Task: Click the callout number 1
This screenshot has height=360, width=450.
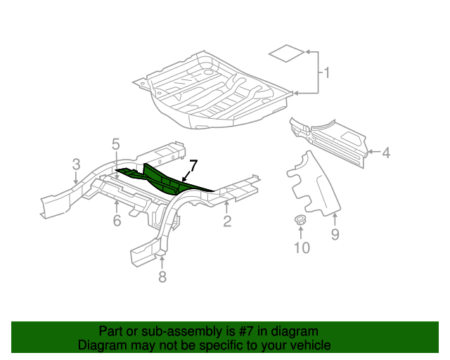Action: [326, 72]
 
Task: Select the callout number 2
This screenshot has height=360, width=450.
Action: [226, 222]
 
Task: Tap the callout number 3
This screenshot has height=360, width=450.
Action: [76, 165]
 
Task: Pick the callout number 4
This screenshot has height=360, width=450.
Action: [385, 151]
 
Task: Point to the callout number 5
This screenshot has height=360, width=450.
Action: [116, 145]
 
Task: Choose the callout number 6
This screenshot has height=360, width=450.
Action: [117, 221]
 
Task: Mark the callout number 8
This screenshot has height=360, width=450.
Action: [162, 277]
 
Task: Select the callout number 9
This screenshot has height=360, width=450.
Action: [335, 235]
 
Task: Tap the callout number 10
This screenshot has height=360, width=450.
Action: [302, 247]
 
